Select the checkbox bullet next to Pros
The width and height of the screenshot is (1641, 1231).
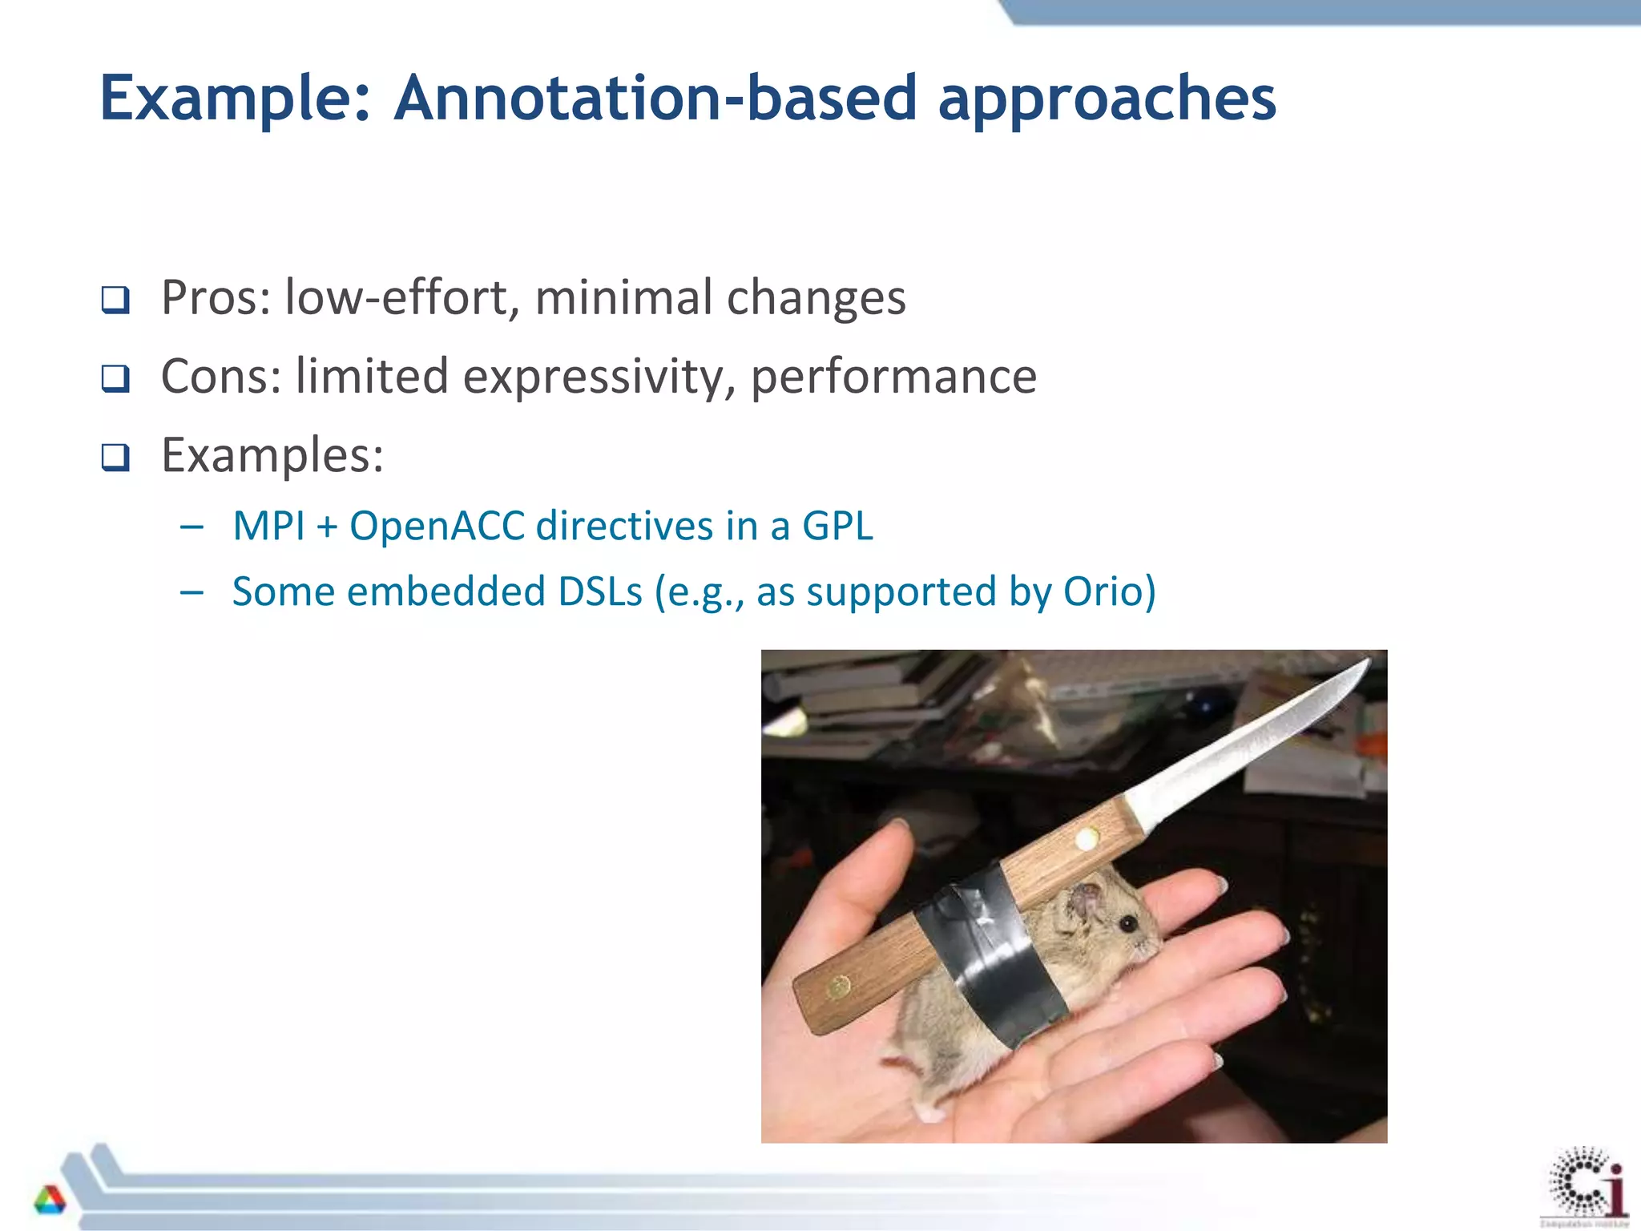pyautogui.click(x=115, y=301)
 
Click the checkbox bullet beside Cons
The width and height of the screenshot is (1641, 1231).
pyautogui.click(x=115, y=378)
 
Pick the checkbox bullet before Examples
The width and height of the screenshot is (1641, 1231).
pyautogui.click(x=115, y=457)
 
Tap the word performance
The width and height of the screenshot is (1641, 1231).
pyautogui.click(x=893, y=377)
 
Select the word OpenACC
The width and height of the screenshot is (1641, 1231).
pyautogui.click(x=437, y=527)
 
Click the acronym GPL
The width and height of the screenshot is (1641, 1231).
pyautogui.click(x=837, y=527)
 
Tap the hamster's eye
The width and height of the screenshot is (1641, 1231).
pyautogui.click(x=1128, y=924)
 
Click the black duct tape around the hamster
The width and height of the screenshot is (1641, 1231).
pyautogui.click(x=994, y=954)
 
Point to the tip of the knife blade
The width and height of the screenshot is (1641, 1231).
pyautogui.click(x=1368, y=661)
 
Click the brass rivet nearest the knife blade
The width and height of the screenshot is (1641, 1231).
pyautogui.click(x=1087, y=840)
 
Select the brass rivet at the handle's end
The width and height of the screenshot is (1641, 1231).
pyautogui.click(x=838, y=987)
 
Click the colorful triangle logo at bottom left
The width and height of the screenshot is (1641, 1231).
pyautogui.click(x=50, y=1200)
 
